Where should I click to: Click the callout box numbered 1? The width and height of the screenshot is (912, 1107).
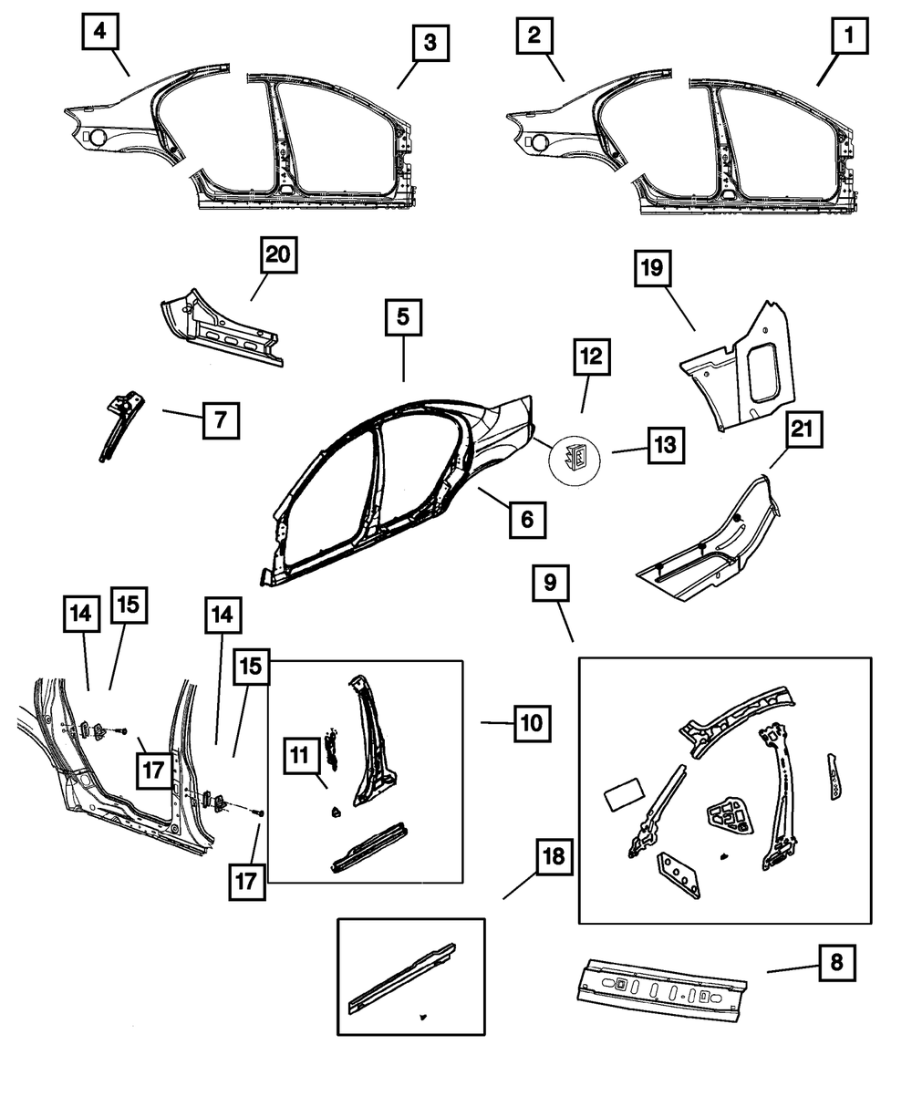click(848, 38)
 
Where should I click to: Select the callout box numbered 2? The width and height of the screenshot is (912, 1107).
click(534, 38)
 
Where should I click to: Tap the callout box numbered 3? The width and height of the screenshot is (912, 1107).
click(428, 44)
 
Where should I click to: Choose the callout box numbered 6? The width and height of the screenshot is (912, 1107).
click(526, 521)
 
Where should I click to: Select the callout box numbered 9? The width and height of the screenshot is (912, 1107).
click(551, 583)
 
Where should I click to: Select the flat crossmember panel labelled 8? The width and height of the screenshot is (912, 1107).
click(660, 984)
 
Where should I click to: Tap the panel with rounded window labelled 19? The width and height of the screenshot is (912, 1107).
click(743, 374)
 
